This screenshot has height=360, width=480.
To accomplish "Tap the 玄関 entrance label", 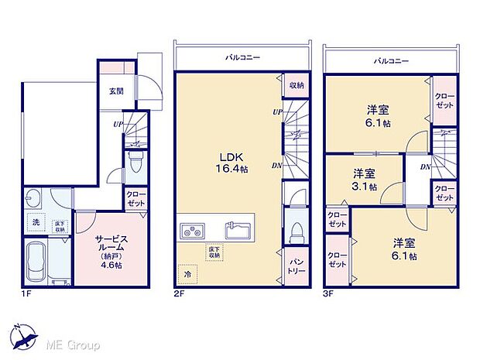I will click(x=115, y=90).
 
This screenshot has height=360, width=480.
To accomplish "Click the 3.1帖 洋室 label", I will click(x=365, y=180).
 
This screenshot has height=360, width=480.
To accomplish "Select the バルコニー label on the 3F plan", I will click(x=389, y=59).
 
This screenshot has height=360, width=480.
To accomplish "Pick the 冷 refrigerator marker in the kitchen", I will click(x=187, y=274).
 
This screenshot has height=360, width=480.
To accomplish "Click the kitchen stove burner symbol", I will click(x=191, y=231).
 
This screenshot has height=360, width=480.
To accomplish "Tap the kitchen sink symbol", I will click(x=237, y=230).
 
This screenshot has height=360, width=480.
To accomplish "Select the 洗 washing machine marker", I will click(x=35, y=222).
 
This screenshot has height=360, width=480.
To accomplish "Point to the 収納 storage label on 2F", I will click(x=297, y=86).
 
